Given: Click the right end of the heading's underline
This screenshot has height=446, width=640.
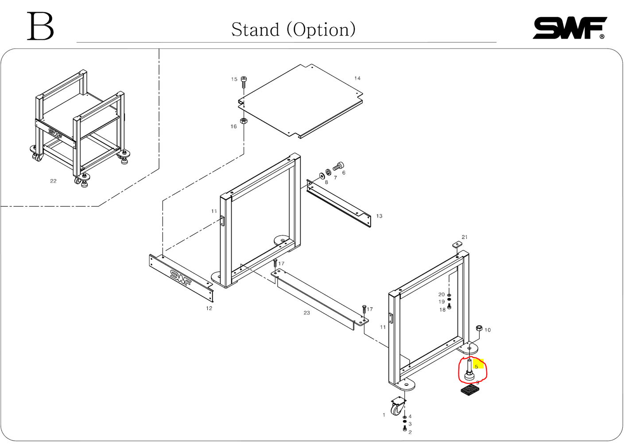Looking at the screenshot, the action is [496, 43].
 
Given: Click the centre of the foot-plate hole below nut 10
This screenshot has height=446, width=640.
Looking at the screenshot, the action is [469, 348].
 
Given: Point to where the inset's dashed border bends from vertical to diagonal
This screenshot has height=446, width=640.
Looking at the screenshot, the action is [159, 168].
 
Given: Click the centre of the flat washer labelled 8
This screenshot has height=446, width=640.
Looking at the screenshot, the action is [322, 176].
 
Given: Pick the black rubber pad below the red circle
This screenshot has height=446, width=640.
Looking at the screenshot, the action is [470, 390].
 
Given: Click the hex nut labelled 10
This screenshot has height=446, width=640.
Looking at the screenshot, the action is [479, 328].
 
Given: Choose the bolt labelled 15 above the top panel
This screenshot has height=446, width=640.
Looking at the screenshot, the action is [244, 82].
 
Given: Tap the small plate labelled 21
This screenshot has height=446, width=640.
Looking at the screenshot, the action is [457, 245].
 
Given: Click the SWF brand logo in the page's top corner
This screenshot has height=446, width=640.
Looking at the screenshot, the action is [570, 28].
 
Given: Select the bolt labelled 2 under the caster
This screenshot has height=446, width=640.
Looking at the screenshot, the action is [404, 428].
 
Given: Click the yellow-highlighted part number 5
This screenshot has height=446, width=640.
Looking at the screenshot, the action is [476, 367].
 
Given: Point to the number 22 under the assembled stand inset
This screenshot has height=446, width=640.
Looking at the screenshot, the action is [53, 181].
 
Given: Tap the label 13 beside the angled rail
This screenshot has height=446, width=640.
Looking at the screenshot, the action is [379, 216].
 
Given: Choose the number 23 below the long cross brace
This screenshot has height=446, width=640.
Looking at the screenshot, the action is [306, 313].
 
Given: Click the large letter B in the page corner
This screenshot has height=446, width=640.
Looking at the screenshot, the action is [40, 26].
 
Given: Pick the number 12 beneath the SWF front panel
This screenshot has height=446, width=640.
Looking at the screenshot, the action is [209, 309].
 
